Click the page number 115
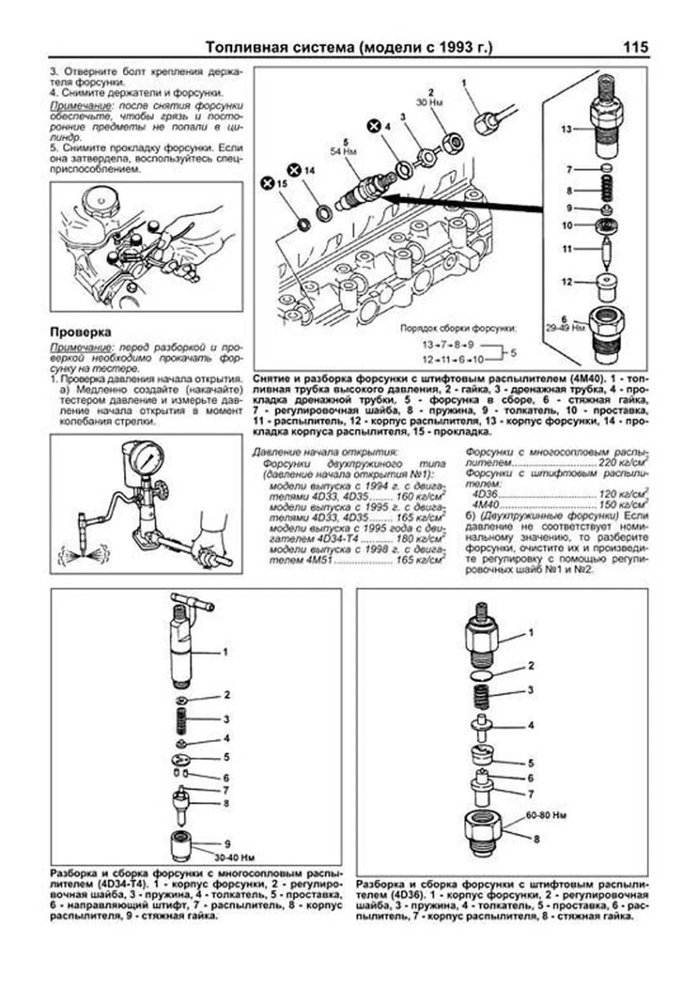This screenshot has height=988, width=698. [635, 48]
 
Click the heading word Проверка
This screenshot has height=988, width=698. [80, 332]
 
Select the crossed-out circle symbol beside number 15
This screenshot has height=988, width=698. [268, 183]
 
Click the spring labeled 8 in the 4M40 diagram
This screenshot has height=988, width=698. [606, 190]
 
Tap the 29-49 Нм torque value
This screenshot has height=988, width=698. [565, 328]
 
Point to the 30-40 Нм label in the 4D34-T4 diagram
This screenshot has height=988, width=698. [234, 858]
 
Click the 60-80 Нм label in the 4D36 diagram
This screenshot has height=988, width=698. [546, 816]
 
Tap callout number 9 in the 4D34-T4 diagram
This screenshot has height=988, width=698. [227, 844]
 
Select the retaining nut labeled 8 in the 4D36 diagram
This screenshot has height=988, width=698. [484, 833]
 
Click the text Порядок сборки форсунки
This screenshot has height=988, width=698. [458, 328]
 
